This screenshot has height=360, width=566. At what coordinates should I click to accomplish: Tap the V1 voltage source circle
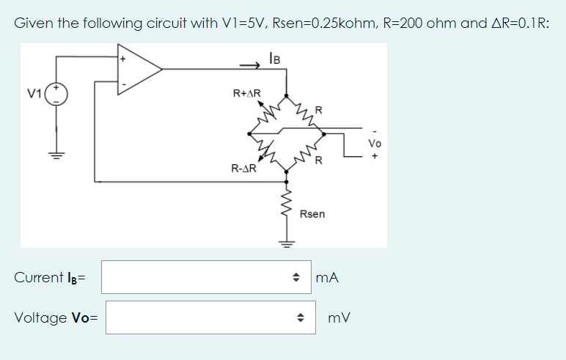(56, 94)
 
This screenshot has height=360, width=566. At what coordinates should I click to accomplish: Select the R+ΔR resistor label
(246, 93)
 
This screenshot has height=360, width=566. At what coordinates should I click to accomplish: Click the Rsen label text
(312, 214)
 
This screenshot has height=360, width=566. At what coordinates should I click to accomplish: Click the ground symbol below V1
(56, 155)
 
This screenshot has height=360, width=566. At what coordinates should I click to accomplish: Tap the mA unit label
(327, 278)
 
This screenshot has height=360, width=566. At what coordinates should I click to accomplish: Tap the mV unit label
(339, 318)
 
